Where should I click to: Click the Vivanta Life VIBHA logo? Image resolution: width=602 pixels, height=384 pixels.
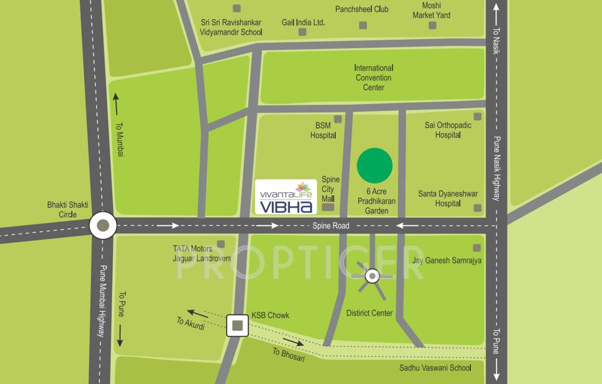[x=286, y=196]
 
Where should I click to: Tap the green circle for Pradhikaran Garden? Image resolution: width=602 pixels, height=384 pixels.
[x=374, y=165]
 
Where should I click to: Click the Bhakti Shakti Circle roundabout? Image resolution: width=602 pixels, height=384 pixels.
[x=103, y=225]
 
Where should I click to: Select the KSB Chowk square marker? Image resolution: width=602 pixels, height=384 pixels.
[x=237, y=325]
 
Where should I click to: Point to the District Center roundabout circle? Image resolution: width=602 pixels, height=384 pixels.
[x=372, y=275]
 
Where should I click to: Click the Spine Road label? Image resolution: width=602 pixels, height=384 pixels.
[x=331, y=226]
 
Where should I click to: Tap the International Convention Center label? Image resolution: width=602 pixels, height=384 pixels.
[x=374, y=77]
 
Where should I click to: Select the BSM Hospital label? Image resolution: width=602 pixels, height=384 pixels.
[x=323, y=130]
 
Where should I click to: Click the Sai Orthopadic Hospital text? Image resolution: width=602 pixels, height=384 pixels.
[x=448, y=130]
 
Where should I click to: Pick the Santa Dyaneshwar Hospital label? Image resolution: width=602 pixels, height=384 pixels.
[x=448, y=198]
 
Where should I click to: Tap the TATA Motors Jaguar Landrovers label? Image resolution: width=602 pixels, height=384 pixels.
[x=202, y=253]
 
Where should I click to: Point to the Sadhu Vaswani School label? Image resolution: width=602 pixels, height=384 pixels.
[x=435, y=367]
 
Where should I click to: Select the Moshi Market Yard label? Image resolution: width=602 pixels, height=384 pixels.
[x=431, y=10]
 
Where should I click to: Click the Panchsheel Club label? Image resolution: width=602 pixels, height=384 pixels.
[x=362, y=9]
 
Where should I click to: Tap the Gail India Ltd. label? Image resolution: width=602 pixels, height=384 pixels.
[x=303, y=22]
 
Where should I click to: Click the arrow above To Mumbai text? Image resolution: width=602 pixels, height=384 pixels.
[x=116, y=104]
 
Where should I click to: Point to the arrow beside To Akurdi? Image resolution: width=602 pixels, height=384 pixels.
[x=198, y=313]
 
